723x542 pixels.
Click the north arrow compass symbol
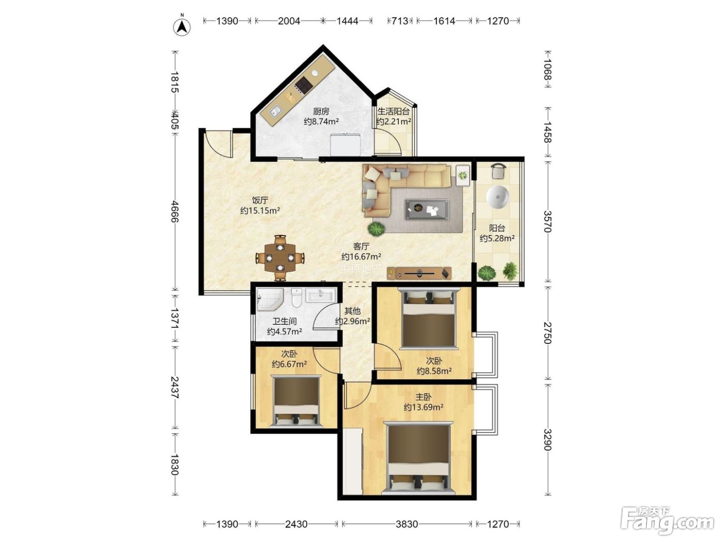182,27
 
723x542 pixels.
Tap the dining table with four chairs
280,258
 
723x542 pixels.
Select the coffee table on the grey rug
427,209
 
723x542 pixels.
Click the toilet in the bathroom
297,297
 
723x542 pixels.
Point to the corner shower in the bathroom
270,299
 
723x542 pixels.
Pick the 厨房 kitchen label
321,111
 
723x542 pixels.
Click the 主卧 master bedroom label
423,397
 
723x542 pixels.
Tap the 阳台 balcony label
497,228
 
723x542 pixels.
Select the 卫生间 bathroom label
285,321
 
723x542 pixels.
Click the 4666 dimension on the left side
175,212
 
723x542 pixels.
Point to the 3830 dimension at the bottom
406,524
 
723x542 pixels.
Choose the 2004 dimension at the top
289,21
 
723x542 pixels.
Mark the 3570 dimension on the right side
547,221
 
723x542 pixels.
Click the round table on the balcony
497,198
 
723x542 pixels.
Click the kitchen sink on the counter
275,111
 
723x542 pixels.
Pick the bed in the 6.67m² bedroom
296,401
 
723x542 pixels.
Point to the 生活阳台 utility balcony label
394,111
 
